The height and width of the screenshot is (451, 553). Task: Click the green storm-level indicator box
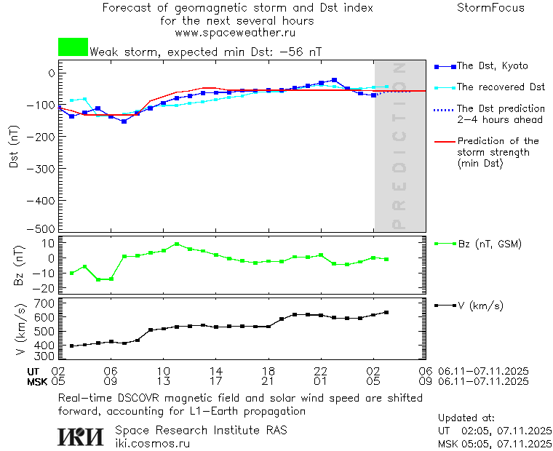tap(73, 47)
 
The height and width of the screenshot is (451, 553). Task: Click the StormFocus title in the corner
tap(490, 8)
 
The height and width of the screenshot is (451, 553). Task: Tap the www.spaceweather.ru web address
tap(235, 33)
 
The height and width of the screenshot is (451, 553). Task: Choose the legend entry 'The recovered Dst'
tap(500, 87)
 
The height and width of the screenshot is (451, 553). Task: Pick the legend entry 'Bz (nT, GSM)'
tap(488, 244)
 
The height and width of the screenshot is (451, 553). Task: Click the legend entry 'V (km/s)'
tap(480, 306)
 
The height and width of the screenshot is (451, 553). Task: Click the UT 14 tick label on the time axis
tap(215, 371)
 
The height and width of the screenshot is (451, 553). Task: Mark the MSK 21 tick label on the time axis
tap(268, 380)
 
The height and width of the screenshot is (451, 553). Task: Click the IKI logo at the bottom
tap(81, 436)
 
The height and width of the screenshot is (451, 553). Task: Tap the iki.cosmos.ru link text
tap(152, 443)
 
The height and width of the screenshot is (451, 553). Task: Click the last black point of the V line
tap(386, 313)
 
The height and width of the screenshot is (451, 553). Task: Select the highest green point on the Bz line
tap(176, 244)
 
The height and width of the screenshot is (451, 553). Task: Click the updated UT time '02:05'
tap(473, 431)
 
